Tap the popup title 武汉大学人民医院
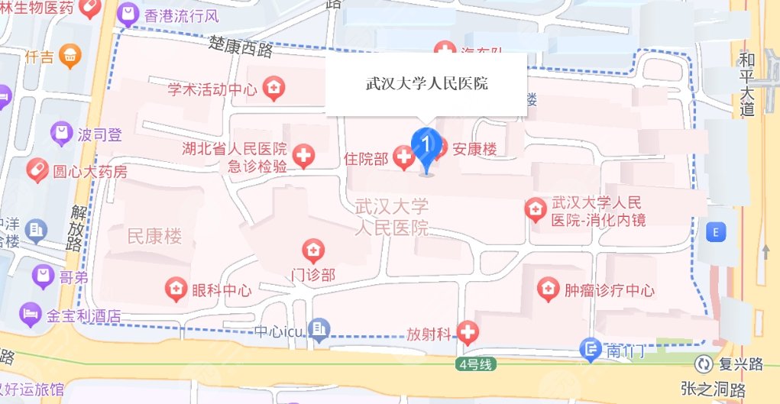426,84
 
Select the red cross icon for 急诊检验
304,157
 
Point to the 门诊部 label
313,274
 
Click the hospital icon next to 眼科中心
176,289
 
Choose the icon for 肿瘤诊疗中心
548,289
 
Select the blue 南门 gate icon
590,351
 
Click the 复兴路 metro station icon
703,364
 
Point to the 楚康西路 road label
241,48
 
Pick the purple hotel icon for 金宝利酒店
31,312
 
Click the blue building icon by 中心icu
320,330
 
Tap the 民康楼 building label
154,237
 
